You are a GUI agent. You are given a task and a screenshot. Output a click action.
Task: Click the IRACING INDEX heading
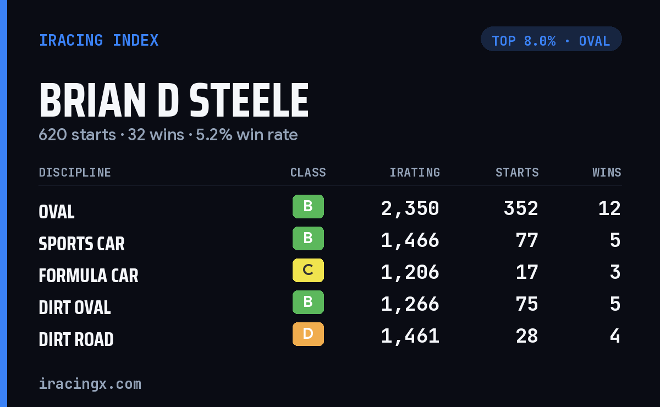(x=98, y=40)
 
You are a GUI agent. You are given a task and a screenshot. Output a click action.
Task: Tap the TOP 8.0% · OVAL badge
(x=551, y=39)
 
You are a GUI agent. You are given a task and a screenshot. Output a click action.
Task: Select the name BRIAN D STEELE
(x=174, y=100)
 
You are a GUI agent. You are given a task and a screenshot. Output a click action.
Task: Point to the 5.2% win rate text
(x=246, y=135)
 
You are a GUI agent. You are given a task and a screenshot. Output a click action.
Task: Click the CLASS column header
(x=308, y=172)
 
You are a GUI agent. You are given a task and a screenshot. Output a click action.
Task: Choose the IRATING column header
(x=415, y=172)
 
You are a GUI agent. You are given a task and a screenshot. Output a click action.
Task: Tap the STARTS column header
(x=517, y=172)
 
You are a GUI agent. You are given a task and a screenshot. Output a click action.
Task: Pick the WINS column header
(x=607, y=172)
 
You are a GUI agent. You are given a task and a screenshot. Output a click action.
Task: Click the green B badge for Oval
(x=308, y=206)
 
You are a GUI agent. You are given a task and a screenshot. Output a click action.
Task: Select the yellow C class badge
(x=308, y=270)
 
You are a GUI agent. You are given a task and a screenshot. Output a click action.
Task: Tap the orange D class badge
(x=308, y=334)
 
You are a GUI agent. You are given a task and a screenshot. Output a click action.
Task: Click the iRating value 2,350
(x=410, y=208)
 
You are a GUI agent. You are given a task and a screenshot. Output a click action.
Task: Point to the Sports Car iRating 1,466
(x=410, y=240)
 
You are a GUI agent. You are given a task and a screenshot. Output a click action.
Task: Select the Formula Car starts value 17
(x=527, y=272)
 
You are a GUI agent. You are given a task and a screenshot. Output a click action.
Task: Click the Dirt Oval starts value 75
(x=527, y=304)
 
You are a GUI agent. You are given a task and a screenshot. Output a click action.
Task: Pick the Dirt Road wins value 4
(x=615, y=336)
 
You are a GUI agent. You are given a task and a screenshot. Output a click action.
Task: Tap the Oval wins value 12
(x=609, y=208)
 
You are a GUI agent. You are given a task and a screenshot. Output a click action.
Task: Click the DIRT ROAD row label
(x=76, y=339)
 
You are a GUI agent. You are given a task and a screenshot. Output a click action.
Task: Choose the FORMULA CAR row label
(x=89, y=276)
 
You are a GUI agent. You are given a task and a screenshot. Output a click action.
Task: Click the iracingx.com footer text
(x=90, y=384)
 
